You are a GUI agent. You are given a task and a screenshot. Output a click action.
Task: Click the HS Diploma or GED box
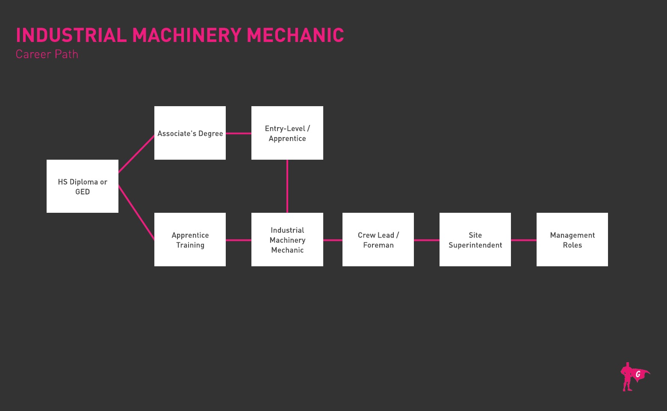[x=83, y=186]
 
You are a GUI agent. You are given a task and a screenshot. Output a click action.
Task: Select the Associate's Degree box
[x=190, y=133]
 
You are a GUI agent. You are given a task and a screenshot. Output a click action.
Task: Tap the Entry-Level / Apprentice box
[x=287, y=133]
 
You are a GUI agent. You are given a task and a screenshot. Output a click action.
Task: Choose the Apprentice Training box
[x=190, y=240]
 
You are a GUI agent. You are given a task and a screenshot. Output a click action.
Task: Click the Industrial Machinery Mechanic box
[x=287, y=240]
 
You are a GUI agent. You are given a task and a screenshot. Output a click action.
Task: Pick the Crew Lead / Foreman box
[x=378, y=240]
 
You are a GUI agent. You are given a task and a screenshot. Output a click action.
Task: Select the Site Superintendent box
[x=475, y=240]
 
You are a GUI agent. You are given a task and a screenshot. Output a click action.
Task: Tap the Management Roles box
[x=572, y=240]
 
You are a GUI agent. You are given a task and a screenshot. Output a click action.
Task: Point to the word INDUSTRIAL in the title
[x=71, y=36]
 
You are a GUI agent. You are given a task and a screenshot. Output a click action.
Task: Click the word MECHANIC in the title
[x=295, y=36]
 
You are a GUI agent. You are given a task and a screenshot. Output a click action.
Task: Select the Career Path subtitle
[x=47, y=54]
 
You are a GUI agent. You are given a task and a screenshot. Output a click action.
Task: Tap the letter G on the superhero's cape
[x=638, y=374]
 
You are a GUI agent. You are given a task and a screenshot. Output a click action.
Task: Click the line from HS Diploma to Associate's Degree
[x=136, y=154]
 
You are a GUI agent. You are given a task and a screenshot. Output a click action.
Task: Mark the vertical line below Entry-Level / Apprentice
[x=287, y=186]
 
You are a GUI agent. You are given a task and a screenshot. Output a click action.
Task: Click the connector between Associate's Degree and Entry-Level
[x=239, y=133]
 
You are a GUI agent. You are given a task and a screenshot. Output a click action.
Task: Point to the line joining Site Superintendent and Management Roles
[x=524, y=240]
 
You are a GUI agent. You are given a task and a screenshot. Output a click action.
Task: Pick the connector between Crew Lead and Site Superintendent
[x=427, y=240]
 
